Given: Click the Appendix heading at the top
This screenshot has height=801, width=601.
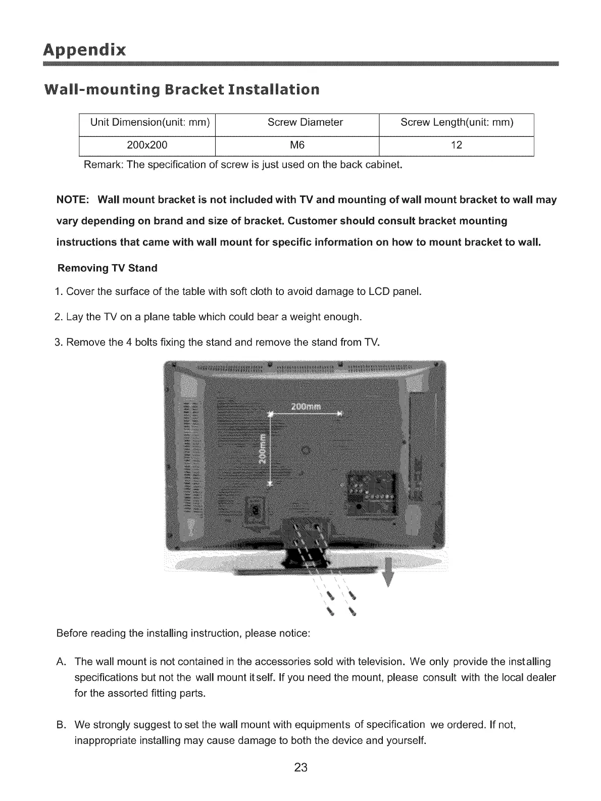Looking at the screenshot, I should click(x=84, y=50).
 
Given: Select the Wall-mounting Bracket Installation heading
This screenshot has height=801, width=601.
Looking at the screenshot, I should click(x=182, y=90).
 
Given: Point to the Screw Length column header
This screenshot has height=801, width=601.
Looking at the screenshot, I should click(x=456, y=123).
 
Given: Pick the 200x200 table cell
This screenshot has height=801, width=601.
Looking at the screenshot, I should click(x=147, y=145).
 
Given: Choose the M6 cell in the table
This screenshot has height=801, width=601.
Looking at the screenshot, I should click(x=297, y=145).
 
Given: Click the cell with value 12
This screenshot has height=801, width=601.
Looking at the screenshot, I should click(x=456, y=145).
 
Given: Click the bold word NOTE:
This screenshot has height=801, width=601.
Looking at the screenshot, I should click(x=73, y=200).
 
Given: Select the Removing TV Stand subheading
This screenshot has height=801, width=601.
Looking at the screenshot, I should click(x=108, y=268).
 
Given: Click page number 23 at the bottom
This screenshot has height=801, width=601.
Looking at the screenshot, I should click(x=301, y=769).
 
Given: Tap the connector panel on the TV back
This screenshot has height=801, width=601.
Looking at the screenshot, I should click(x=370, y=491).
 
